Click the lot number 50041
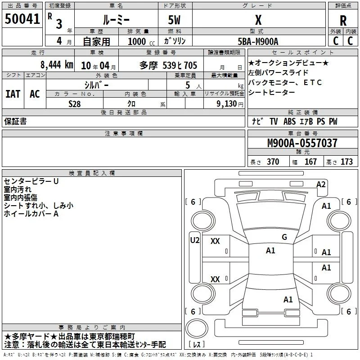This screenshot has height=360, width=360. (22, 19)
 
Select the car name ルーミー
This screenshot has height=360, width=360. (116, 20)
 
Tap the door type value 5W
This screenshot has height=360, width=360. (174, 20)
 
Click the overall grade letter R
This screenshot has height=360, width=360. (343, 21)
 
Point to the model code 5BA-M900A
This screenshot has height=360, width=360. (258, 41)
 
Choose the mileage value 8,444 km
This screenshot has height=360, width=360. (57, 64)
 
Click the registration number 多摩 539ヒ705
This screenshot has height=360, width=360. (168, 65)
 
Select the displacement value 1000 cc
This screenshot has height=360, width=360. (141, 41)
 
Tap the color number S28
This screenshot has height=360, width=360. (74, 104)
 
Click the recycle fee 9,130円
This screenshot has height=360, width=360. (229, 104)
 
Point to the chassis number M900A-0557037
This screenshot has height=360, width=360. (302, 143)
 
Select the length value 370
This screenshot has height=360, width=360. (273, 162)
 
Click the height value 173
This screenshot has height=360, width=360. (346, 162)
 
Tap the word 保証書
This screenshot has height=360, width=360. (15, 121)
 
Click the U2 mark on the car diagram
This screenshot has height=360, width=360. (195, 240)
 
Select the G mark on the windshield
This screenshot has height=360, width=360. (284, 237)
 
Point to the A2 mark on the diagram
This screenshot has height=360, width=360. (321, 184)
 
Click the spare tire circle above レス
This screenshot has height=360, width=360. (197, 328)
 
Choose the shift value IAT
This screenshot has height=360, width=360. (13, 94)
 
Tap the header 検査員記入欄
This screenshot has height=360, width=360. (92, 173)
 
